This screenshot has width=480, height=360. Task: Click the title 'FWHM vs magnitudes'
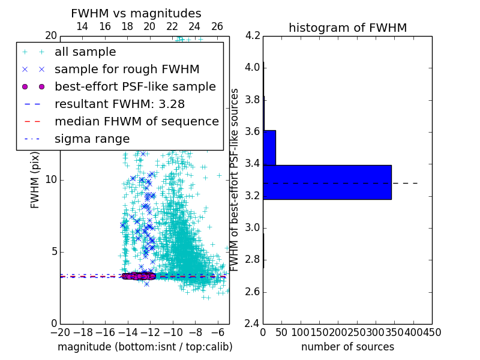coord(136,14)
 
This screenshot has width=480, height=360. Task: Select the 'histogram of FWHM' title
coord(347,28)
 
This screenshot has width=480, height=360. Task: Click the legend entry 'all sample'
coord(85,52)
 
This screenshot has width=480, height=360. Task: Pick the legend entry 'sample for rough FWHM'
coord(127,70)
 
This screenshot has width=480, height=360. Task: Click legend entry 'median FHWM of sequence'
coord(136,122)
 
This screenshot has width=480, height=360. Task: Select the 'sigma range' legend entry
coord(92,139)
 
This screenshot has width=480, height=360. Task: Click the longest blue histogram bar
coord(327,182)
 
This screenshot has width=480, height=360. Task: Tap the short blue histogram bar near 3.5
coord(269,148)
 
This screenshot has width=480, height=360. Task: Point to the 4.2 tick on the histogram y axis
coord(253,35)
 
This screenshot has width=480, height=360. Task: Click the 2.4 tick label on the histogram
coord(253,324)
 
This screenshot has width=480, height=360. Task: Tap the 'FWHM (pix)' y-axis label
coord(35,180)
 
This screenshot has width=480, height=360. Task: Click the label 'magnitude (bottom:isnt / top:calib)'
coord(145,347)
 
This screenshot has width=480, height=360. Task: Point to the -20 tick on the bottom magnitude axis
coord(60,332)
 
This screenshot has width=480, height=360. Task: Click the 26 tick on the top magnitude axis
coord(217,27)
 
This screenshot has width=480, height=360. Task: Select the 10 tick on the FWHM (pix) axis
coord(51,180)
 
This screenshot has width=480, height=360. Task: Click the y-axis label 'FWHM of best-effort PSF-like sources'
coord(235,180)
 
